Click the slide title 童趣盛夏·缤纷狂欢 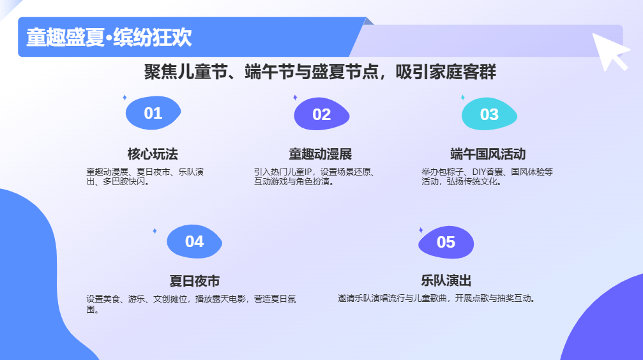[109, 37]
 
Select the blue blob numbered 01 [153, 113]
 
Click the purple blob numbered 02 [322, 114]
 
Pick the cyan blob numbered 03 [489, 114]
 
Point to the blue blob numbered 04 [194, 241]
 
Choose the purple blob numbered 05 [446, 243]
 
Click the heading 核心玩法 [153, 154]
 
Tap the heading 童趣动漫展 [321, 154]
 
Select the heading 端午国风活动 [488, 154]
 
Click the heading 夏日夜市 [194, 281]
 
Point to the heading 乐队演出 [446, 280]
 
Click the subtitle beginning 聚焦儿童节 [320, 71]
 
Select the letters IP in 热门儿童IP [308, 172]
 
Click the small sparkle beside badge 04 [155, 231]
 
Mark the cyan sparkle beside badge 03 [462, 97]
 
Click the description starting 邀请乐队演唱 [437, 299]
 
